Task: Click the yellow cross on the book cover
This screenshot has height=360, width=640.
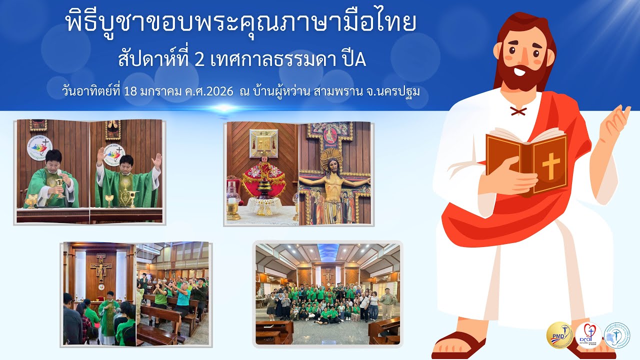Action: [551, 165]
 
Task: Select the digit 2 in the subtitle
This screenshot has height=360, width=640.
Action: [199, 60]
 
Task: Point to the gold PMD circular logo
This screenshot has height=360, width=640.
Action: [559, 335]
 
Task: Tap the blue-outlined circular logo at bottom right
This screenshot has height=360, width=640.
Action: [617, 335]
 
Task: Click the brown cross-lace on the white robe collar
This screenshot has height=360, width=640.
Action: [518, 110]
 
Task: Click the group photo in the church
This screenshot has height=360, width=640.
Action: [327, 293]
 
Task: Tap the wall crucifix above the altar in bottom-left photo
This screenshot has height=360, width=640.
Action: [100, 266]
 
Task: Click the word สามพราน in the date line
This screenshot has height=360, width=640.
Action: [336, 92]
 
